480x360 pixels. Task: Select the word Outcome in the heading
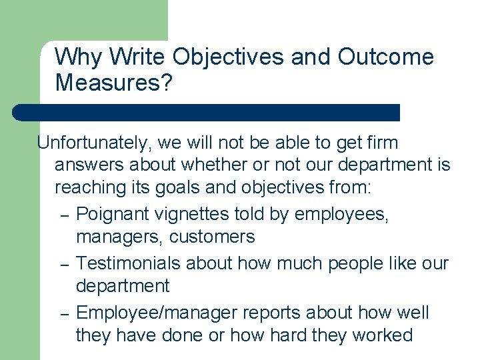coord(386,58)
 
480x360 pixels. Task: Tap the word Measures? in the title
coord(113,83)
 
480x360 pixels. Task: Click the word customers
coord(211,237)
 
